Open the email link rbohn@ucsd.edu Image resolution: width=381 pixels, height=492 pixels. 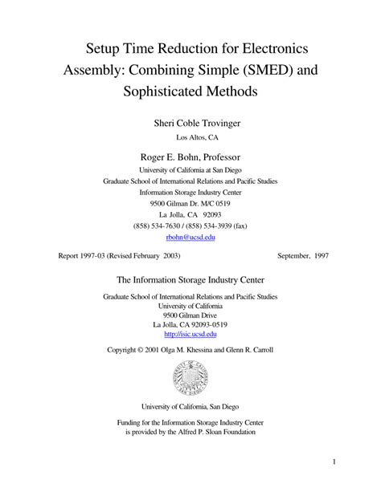tap(190, 238)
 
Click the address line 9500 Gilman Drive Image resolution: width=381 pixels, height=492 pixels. tap(190, 315)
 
